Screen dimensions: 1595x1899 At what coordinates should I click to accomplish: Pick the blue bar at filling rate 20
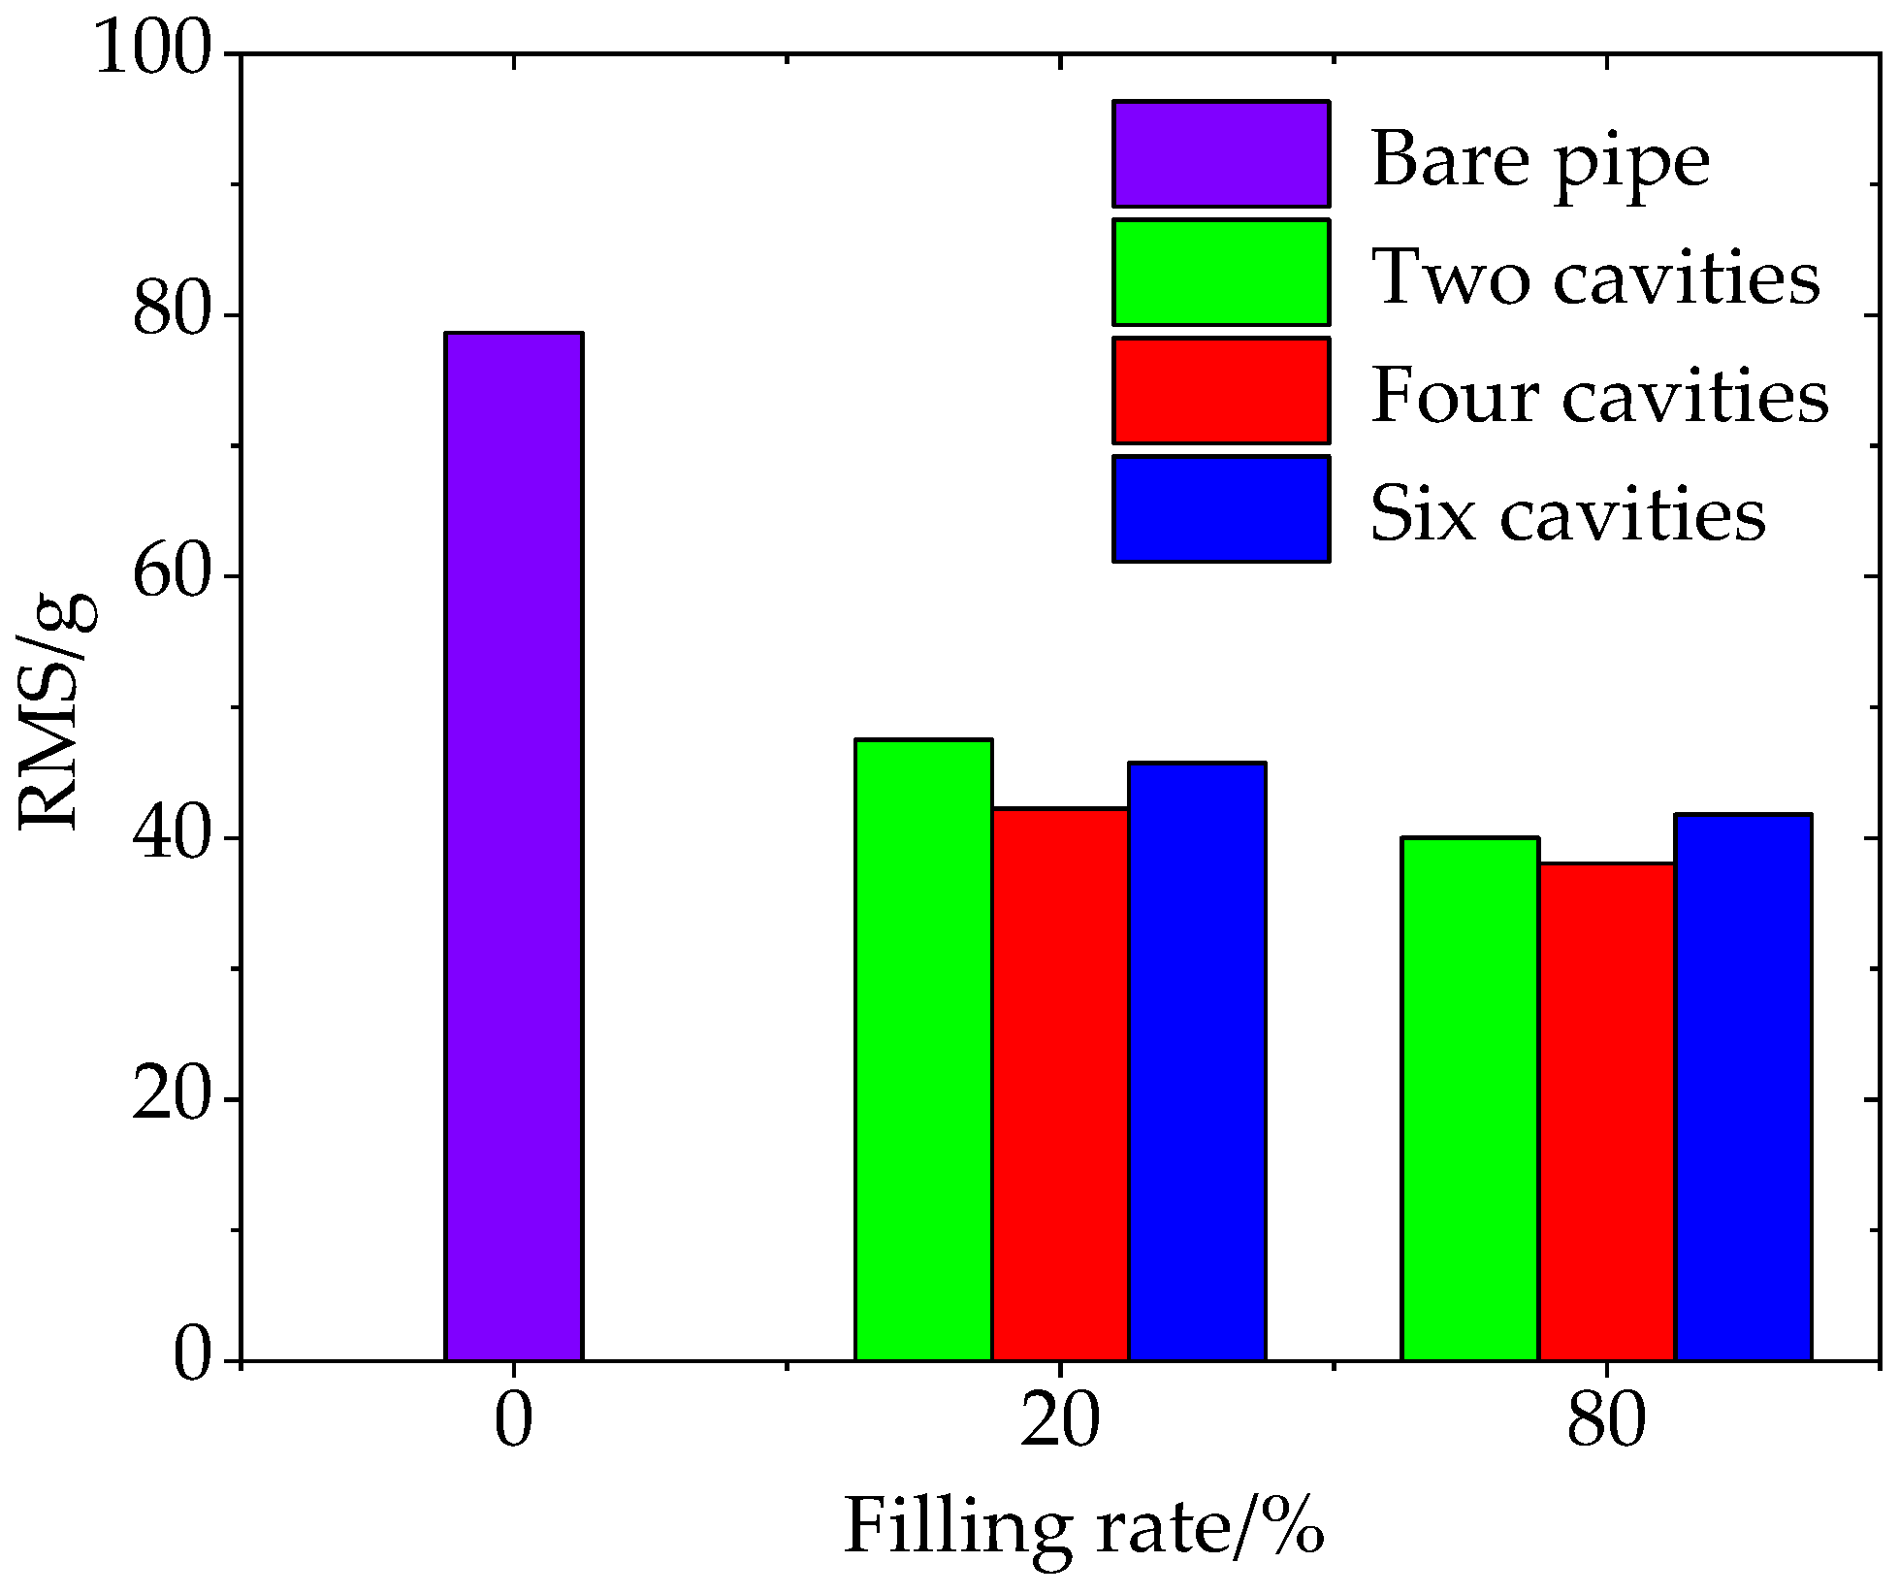(x=1197, y=1061)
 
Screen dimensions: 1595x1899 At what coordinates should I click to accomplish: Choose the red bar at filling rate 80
(x=1607, y=1111)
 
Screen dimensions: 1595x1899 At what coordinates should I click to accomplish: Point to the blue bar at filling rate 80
(x=1743, y=1087)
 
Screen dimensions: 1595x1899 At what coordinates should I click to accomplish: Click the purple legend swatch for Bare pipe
(x=1221, y=154)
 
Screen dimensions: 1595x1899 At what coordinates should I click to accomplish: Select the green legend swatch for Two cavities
(x=1221, y=273)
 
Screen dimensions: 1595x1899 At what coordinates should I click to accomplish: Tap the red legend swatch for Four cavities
(x=1221, y=391)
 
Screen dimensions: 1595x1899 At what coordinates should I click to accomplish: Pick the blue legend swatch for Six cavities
(x=1221, y=509)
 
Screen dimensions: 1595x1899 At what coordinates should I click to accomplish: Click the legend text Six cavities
(x=1567, y=513)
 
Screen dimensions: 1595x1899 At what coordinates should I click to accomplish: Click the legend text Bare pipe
(x=1540, y=160)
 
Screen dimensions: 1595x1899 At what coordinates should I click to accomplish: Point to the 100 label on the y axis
(x=153, y=50)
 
